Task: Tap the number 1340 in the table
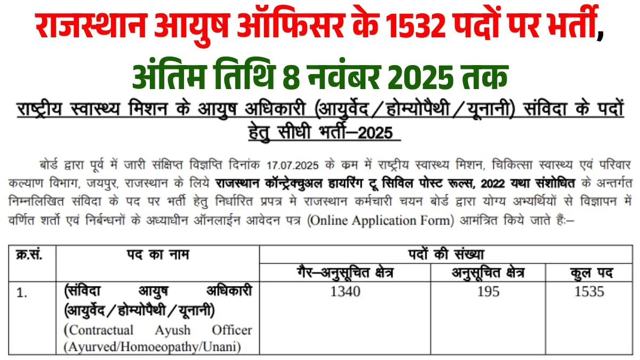(x=345, y=291)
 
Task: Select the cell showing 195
(x=489, y=291)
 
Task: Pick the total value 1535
(x=590, y=291)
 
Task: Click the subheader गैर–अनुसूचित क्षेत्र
(x=345, y=273)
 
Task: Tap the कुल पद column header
(x=590, y=273)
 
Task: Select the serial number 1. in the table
(x=22, y=292)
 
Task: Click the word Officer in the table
(x=231, y=330)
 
